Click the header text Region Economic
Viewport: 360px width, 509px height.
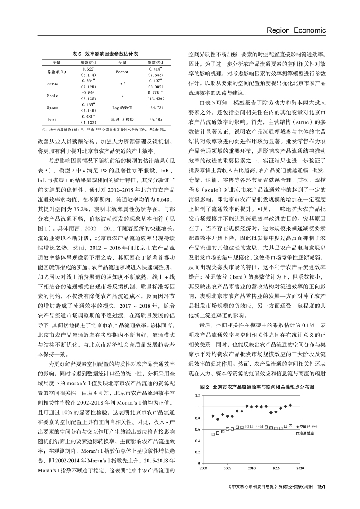(x=296, y=30)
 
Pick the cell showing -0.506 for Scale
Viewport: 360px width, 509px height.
(x=88, y=92)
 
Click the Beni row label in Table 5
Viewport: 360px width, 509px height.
(x=53, y=119)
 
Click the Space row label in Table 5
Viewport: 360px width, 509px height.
(x=53, y=107)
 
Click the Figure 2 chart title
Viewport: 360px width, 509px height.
(x=257, y=374)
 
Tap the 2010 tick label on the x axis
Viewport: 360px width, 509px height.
(x=251, y=468)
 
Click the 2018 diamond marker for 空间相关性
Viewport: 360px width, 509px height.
(x=290, y=405)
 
